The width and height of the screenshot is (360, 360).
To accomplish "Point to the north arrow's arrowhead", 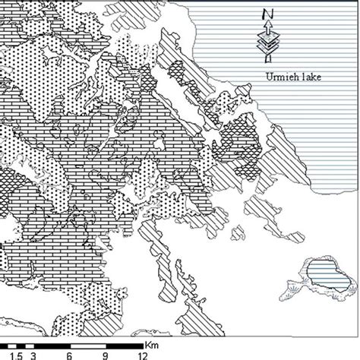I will [267, 29].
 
